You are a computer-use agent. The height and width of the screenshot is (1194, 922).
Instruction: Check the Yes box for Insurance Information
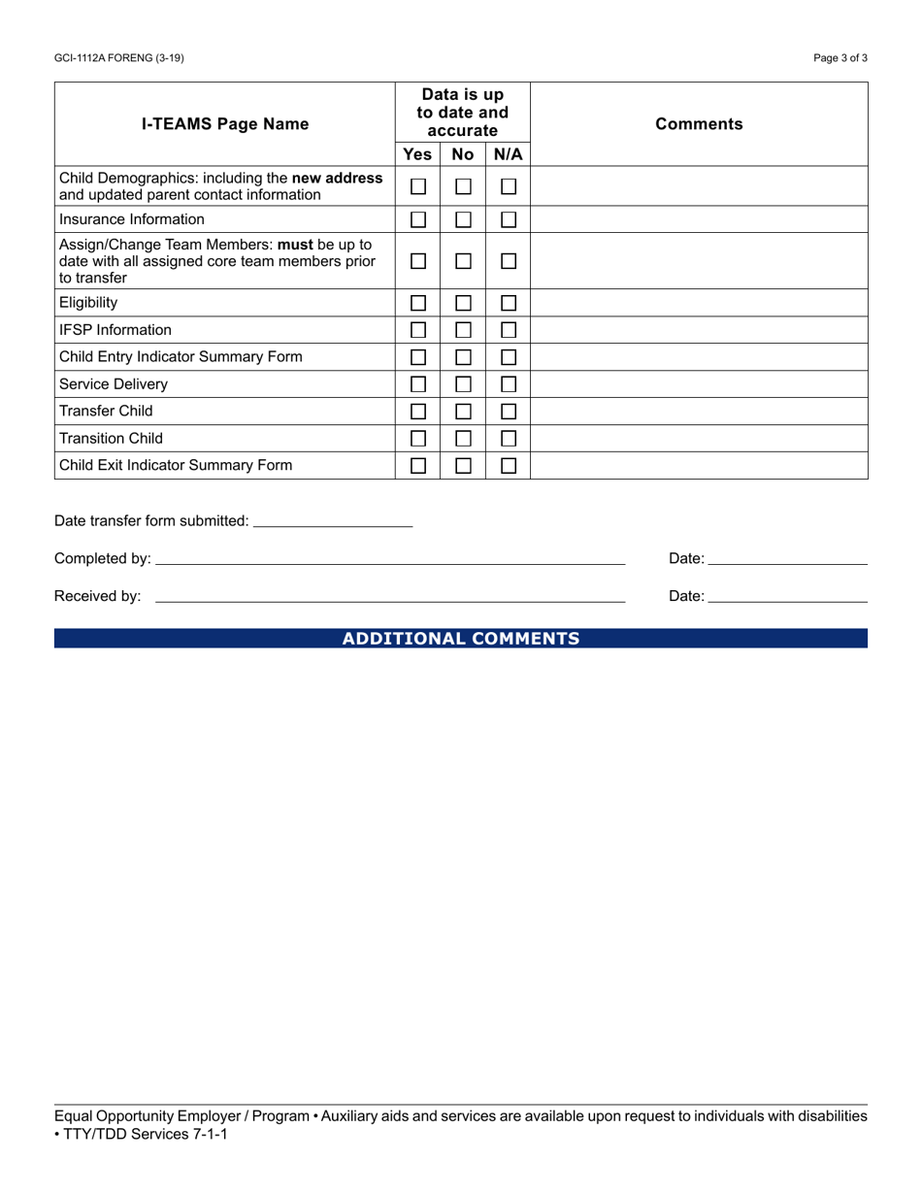(x=418, y=219)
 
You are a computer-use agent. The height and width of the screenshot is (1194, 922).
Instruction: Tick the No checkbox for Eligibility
(x=464, y=303)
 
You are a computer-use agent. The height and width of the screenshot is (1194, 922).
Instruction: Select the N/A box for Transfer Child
(x=509, y=412)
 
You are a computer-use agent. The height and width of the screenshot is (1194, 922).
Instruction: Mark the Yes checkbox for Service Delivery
(x=418, y=384)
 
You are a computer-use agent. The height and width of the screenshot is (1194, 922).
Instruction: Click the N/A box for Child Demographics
(x=509, y=186)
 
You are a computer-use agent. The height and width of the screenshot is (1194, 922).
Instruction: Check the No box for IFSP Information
(x=464, y=330)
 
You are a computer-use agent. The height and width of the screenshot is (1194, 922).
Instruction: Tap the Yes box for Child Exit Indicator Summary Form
(x=418, y=466)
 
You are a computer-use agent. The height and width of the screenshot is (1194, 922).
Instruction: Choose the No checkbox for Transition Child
(x=464, y=439)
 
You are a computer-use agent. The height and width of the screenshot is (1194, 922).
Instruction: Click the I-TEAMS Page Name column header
(x=225, y=124)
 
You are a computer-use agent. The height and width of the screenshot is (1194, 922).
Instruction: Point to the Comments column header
(x=699, y=124)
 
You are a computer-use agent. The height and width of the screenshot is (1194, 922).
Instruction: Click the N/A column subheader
(x=509, y=154)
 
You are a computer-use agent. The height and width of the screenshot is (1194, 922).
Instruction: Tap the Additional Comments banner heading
(x=461, y=639)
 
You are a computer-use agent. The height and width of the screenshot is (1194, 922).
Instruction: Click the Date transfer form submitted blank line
(x=332, y=521)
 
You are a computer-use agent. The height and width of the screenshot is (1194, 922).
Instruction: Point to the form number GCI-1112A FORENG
(x=119, y=58)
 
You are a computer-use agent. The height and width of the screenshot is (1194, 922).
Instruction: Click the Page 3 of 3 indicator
(x=840, y=58)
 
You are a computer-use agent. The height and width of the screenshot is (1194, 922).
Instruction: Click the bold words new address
(x=337, y=179)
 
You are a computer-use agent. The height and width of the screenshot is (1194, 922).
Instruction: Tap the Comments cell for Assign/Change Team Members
(x=699, y=261)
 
